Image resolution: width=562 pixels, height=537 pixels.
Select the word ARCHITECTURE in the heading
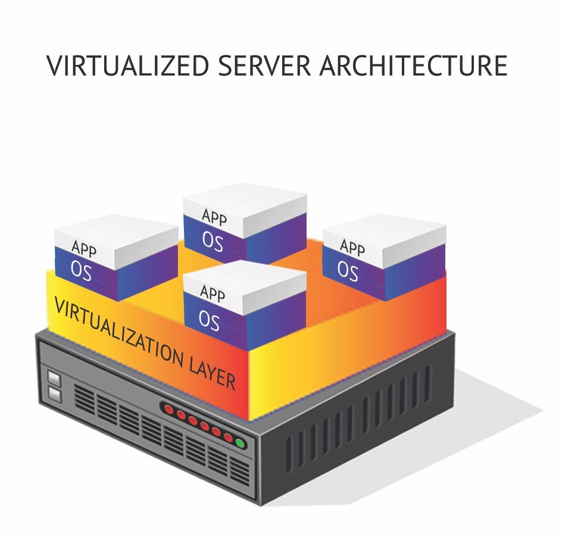414,65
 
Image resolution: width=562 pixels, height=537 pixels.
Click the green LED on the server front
240,443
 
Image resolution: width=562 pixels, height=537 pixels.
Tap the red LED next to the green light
228,438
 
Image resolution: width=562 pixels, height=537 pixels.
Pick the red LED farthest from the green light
169,410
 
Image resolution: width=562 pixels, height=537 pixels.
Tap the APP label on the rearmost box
214,217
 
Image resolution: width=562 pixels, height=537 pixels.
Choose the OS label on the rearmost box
213,241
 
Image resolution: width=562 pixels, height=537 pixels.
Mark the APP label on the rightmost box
352,246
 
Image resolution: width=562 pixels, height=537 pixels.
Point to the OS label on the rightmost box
348,270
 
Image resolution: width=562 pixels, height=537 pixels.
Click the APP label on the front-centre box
213,292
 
